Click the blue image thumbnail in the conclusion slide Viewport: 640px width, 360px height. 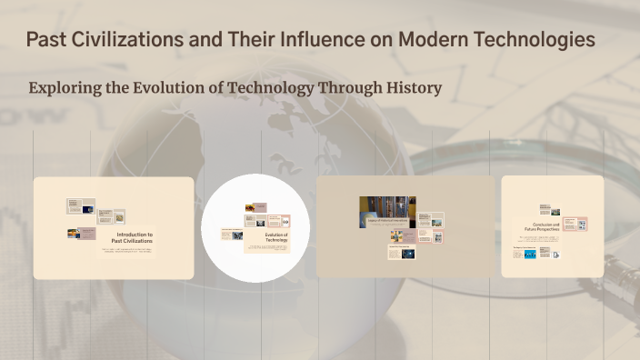(x=547, y=255)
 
